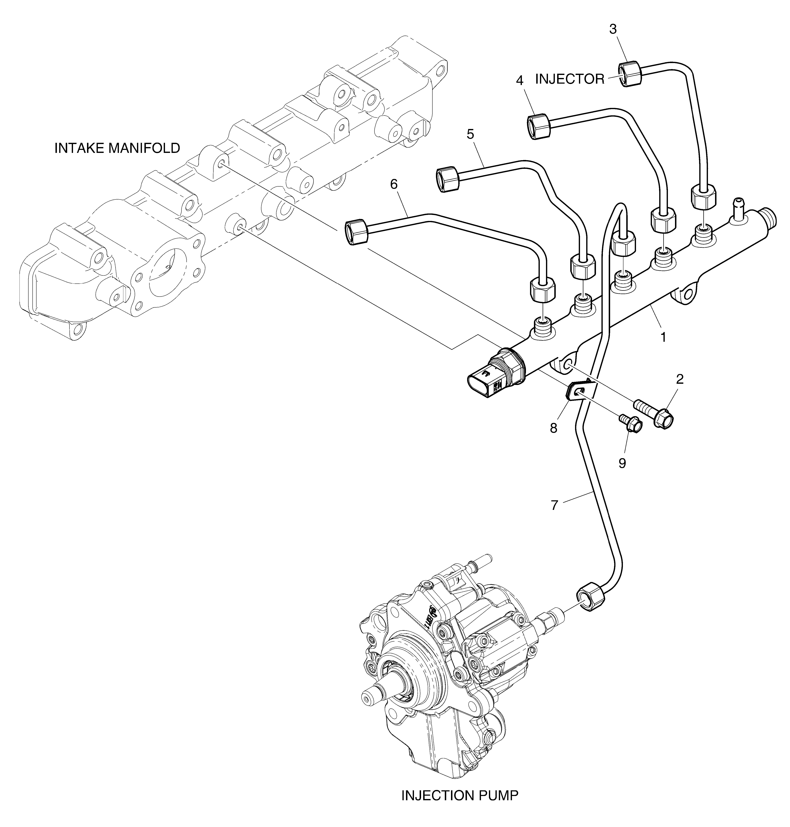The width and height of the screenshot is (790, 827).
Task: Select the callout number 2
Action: [x=680, y=379]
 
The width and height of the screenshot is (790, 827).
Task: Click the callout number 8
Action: [x=553, y=428]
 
